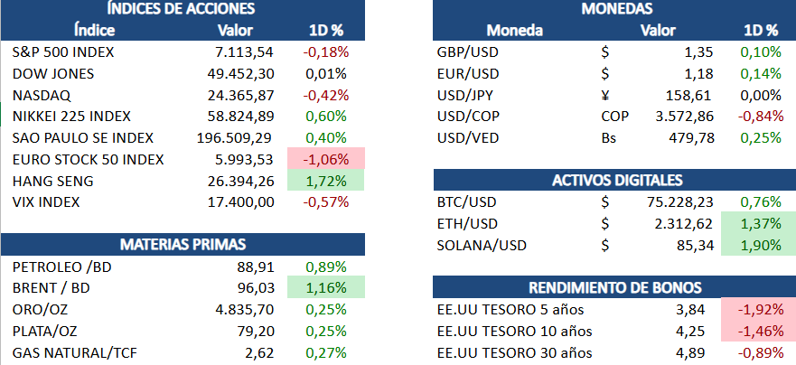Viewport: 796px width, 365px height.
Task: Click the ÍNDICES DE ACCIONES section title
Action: [x=182, y=10]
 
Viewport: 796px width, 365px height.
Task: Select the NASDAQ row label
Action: [x=42, y=95]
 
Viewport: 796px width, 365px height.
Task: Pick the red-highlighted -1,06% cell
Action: [x=327, y=160]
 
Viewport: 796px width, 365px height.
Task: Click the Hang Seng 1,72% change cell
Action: [x=327, y=182]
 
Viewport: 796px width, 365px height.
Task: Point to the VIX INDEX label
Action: [x=46, y=202]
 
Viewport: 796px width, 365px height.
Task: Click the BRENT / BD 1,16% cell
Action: [x=327, y=288]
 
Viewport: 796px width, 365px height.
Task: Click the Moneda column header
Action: [x=515, y=31]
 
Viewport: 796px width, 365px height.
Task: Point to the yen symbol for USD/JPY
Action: [x=604, y=95]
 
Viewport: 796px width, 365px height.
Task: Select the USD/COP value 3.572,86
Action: [x=682, y=117]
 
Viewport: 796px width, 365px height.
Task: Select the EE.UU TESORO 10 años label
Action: [x=513, y=331]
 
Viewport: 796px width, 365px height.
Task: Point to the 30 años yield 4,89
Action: [x=696, y=352]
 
